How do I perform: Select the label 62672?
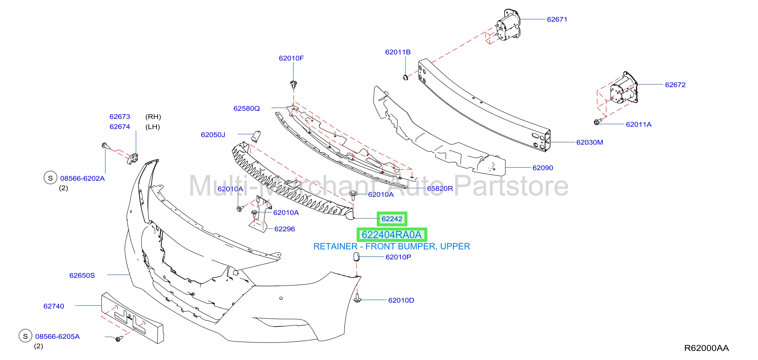tap(675, 85)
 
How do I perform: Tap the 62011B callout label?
tap(398, 52)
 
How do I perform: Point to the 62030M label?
tap(589, 142)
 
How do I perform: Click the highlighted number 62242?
tap(392, 219)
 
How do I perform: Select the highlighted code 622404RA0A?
tap(392, 235)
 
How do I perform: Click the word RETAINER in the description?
tap(335, 246)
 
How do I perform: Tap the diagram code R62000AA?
tap(707, 348)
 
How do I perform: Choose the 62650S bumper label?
tap(82, 276)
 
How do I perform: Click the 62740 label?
tap(54, 306)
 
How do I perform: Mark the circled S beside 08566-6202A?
tap(50, 178)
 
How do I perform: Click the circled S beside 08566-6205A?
tap(25, 336)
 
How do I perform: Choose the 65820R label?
tap(440, 188)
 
